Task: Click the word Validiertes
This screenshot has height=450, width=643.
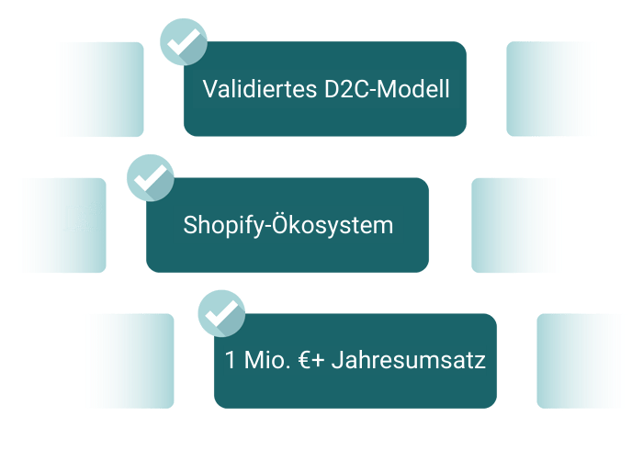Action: coord(258,90)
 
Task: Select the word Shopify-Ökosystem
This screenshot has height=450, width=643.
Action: coord(288,225)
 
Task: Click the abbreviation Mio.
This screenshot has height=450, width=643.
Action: coord(266,360)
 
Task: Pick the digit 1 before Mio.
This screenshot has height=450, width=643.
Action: coord(231,360)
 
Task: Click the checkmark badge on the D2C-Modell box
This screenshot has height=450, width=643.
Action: coord(184,41)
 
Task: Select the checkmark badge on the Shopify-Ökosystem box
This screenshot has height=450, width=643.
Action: coord(149,176)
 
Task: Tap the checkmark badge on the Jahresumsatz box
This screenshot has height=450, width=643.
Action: coord(220,312)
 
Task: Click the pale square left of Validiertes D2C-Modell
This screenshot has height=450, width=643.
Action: coord(96,90)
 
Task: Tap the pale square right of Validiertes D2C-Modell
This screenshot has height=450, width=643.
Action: coord(554,89)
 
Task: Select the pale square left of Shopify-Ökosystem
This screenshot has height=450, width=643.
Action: coord(59,225)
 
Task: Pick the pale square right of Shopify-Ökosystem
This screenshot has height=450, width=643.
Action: coord(519,225)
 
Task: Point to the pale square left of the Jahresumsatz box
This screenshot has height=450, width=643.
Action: coord(127,361)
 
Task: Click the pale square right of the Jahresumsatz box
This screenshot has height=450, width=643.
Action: coord(584,361)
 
